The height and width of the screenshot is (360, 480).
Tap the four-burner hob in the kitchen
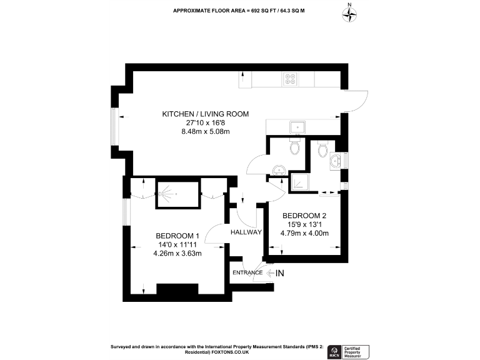pyautogui.click(x=291, y=79)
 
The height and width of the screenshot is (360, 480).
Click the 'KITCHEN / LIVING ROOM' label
pyautogui.click(x=206, y=114)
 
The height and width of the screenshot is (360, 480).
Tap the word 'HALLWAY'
pyautogui.click(x=246, y=232)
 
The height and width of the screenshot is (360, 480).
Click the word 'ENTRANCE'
pyautogui.click(x=247, y=272)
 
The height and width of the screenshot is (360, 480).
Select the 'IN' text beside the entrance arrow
pyautogui.click(x=279, y=272)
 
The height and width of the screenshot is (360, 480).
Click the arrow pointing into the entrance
pyautogui.click(x=269, y=272)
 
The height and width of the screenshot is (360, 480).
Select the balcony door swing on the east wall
pyautogui.click(x=355, y=102)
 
